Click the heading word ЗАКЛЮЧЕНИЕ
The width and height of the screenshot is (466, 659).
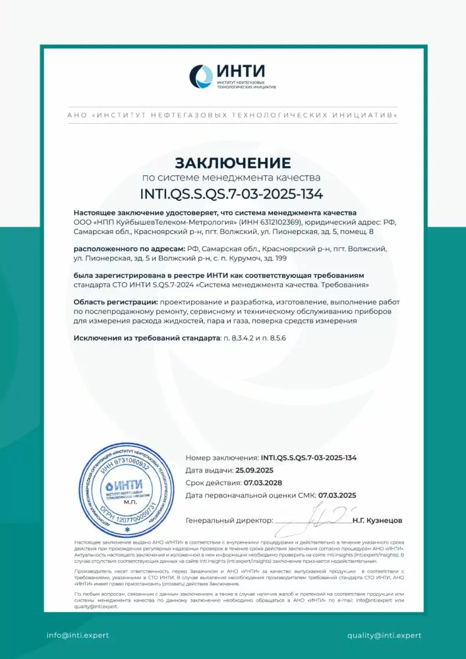(x=233, y=162)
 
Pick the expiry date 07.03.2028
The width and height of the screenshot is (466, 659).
(x=266, y=483)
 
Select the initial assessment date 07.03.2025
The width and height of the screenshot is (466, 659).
(x=337, y=496)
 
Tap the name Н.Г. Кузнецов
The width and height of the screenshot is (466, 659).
(x=377, y=521)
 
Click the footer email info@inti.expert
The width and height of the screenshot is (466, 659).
(x=77, y=635)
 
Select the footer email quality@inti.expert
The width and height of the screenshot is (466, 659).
(x=384, y=635)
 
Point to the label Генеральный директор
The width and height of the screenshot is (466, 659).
(x=229, y=521)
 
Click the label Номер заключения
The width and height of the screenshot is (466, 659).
(x=221, y=457)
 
